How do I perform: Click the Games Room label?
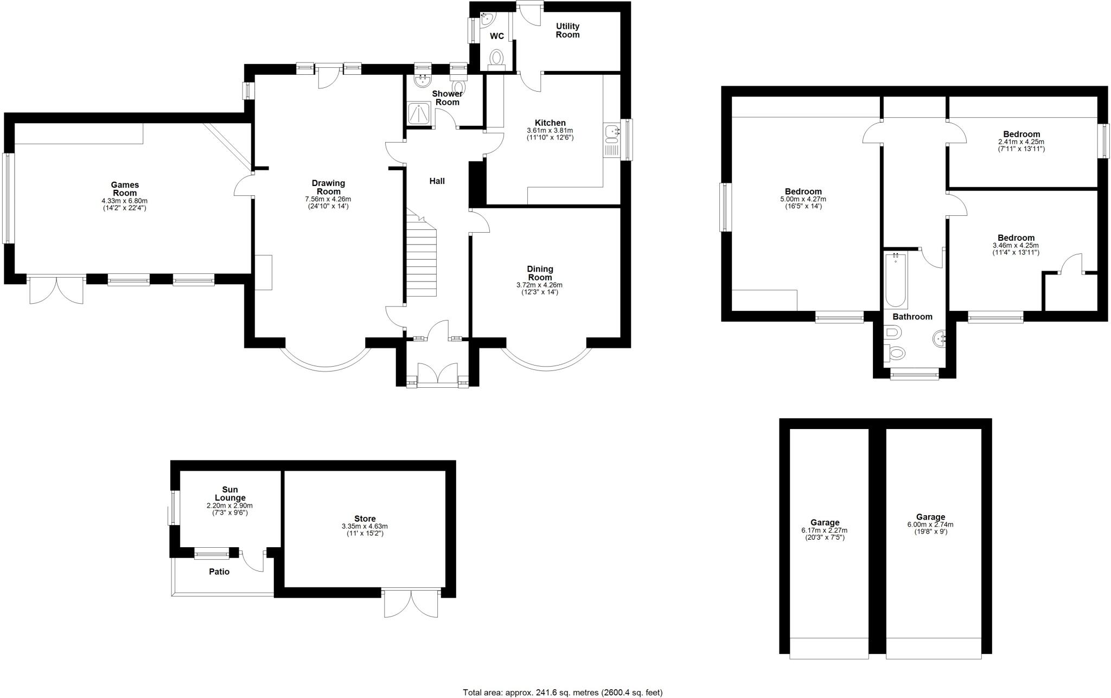point(125,189)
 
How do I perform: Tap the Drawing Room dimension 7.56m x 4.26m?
point(328,199)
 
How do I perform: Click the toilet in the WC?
point(496,58)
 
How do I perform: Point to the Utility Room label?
point(567,30)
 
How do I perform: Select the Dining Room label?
point(540,273)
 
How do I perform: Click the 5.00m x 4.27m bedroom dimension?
point(803,199)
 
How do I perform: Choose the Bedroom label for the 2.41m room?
point(1021,134)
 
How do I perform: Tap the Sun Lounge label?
point(230,494)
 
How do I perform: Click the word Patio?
point(219,572)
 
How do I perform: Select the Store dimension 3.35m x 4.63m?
point(365,526)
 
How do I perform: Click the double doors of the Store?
point(411,603)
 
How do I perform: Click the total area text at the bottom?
point(563,693)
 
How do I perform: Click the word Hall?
point(437,181)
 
